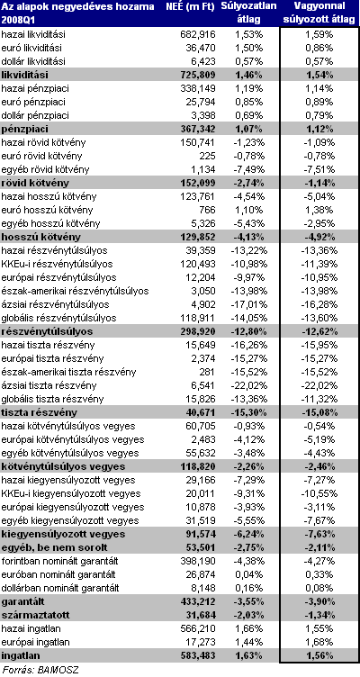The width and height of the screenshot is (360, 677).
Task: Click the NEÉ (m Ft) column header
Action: pyautogui.click(x=190, y=6)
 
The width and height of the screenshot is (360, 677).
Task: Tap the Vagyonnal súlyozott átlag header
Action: pyautogui.click(x=319, y=13)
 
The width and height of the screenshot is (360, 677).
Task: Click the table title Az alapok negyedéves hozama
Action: pyautogui.click(x=77, y=6)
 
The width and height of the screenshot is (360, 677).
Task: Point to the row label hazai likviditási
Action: pyautogui.click(x=33, y=34)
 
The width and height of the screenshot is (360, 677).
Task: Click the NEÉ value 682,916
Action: pyautogui.click(x=198, y=34)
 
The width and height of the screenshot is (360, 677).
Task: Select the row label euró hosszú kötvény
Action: pyautogui.click(x=47, y=211)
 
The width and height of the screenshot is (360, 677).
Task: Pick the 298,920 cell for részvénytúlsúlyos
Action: pyautogui.click(x=197, y=332)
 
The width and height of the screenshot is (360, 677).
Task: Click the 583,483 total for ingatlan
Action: pyautogui.click(x=197, y=655)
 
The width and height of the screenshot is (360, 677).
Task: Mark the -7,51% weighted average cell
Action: pyautogui.click(x=319, y=169)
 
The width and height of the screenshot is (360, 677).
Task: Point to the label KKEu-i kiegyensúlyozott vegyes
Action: pyautogui.click(x=71, y=493)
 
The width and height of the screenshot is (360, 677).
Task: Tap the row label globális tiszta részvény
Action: pyautogui.click(x=53, y=399)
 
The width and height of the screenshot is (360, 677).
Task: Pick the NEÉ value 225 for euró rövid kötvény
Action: pyautogui.click(x=208, y=156)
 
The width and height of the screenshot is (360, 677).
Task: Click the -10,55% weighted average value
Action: pyautogui.click(x=319, y=493)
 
